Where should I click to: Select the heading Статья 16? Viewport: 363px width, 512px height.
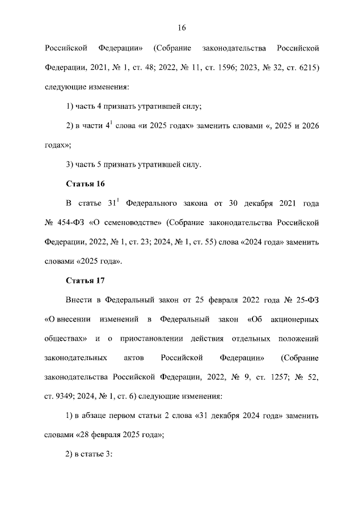pyautogui.click(x=85, y=184)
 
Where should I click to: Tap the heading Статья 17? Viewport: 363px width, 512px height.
pyautogui.click(x=85, y=281)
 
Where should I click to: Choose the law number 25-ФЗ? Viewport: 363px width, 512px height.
pyautogui.click(x=307, y=300)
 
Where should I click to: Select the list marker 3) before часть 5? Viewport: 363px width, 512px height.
pyautogui.click(x=71, y=165)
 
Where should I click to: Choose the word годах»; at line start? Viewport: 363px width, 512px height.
pyautogui.click(x=57, y=145)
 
